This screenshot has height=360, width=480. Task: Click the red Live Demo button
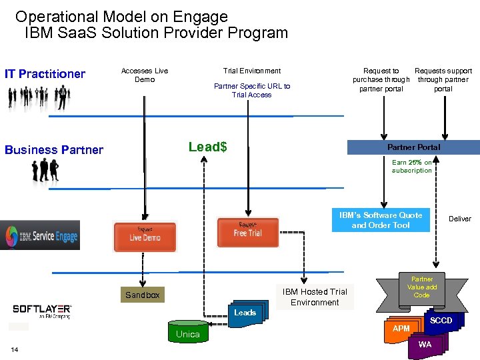(145, 236)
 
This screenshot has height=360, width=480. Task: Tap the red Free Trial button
(247, 231)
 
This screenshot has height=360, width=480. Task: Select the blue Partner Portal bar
(413, 147)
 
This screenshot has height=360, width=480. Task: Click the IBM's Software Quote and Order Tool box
(381, 220)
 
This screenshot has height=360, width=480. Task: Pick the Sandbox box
(143, 295)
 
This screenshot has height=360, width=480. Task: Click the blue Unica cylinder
(187, 334)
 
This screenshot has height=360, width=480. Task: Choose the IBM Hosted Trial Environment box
(315, 297)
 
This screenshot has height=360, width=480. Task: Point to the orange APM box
(401, 328)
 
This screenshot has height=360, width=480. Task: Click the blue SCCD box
(441, 321)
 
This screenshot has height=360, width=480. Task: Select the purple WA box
(425, 345)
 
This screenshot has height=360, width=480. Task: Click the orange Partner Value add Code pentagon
(421, 287)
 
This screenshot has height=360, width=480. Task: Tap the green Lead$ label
(207, 147)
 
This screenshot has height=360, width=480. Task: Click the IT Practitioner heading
(45, 74)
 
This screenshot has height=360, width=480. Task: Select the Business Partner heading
(54, 150)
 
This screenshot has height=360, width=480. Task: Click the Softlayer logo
(42, 311)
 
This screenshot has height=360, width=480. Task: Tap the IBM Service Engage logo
(40, 235)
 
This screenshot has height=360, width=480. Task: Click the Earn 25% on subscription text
(411, 166)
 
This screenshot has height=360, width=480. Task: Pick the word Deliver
(459, 219)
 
